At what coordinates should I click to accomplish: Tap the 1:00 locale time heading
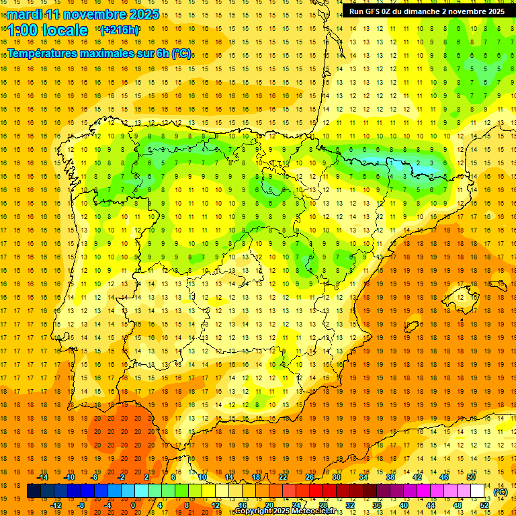(x=48, y=30)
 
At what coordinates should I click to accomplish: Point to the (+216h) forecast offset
(x=119, y=30)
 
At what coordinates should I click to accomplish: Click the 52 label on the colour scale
(x=484, y=505)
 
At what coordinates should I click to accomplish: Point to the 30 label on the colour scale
(x=337, y=477)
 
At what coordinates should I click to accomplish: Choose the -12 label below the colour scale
(x=56, y=505)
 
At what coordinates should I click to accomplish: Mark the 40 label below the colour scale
(x=404, y=505)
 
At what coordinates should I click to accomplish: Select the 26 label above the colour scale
(x=310, y=477)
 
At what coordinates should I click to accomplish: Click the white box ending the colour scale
(x=478, y=491)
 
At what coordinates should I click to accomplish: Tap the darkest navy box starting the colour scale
(x=34, y=491)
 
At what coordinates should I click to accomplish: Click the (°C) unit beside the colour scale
(x=501, y=492)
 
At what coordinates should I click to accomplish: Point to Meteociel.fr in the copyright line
(x=313, y=511)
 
